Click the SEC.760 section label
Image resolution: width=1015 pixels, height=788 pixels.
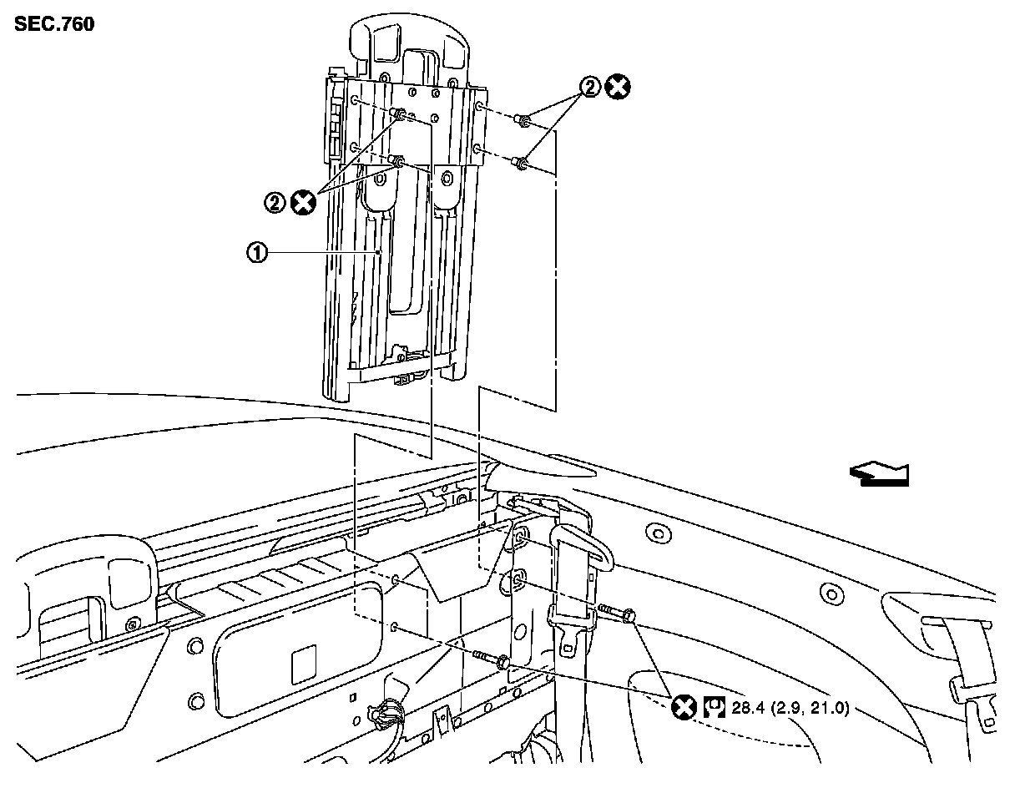tap(54, 23)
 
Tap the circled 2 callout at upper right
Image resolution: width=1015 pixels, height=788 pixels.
tap(591, 87)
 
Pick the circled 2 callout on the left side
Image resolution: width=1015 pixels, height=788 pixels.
tap(275, 201)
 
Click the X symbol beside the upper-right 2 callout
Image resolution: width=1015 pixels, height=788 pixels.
tap(619, 87)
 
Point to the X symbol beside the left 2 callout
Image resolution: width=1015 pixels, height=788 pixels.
tap(303, 201)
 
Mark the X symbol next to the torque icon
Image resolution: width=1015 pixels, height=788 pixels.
tap(684, 709)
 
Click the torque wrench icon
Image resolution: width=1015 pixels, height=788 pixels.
tap(714, 709)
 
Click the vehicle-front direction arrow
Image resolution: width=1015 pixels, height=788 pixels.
tap(878, 474)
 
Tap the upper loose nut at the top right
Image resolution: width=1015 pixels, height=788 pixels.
tap(523, 122)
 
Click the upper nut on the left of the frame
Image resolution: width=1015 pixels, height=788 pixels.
tap(399, 114)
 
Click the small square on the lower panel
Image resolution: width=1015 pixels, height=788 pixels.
tap(302, 668)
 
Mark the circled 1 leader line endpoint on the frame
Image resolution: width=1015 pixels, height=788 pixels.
tap(380, 252)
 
